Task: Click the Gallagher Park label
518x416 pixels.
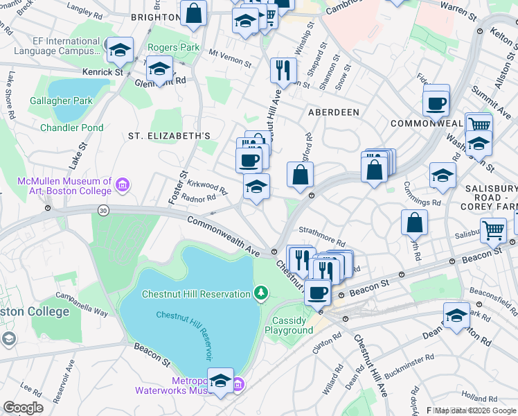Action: pos(61,101)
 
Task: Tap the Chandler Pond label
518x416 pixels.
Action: pos(72,128)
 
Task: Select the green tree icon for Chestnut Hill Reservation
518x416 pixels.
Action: pos(260,294)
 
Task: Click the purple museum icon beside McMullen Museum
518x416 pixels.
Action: pos(123,184)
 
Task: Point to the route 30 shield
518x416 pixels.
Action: pos(103,211)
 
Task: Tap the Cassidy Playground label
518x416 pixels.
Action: pos(292,325)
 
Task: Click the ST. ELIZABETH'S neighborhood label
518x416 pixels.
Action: pos(168,136)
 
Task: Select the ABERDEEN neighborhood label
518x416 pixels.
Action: pos(333,112)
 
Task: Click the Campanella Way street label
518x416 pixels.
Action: pos(81,302)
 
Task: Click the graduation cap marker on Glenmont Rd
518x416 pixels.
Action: pos(160,69)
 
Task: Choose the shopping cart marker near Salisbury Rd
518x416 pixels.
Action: pos(493,230)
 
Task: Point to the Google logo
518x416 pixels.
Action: pos(23,408)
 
